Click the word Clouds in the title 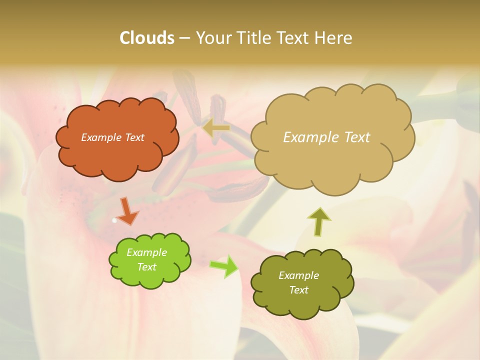point(146,38)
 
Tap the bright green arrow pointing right point(224,266)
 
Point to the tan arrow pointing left point(216,128)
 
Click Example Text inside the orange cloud point(112,137)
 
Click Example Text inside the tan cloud point(326,137)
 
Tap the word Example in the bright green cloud point(146,252)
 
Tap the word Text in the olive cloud point(298,290)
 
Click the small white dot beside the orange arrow point(114,220)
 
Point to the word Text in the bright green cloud point(146,267)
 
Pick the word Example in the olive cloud point(298,275)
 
